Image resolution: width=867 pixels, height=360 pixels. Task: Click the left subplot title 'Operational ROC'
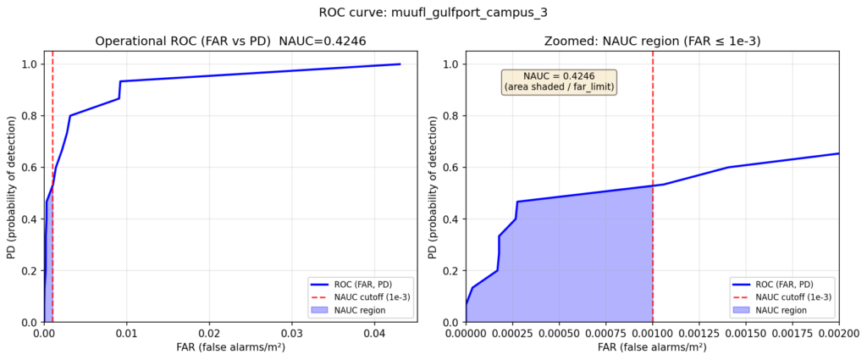click(230, 41)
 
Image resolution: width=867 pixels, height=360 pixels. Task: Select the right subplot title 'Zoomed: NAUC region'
click(652, 41)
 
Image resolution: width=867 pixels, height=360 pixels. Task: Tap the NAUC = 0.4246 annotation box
click(559, 81)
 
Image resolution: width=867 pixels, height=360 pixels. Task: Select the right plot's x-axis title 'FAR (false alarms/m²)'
click(652, 348)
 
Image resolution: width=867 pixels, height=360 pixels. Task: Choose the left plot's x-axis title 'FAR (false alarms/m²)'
click(230, 348)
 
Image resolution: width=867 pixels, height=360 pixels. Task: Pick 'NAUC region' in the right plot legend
click(787, 310)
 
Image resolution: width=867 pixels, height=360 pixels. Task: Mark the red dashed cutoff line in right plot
click(653, 127)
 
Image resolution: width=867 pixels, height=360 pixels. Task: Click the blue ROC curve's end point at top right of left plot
click(400, 64)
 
